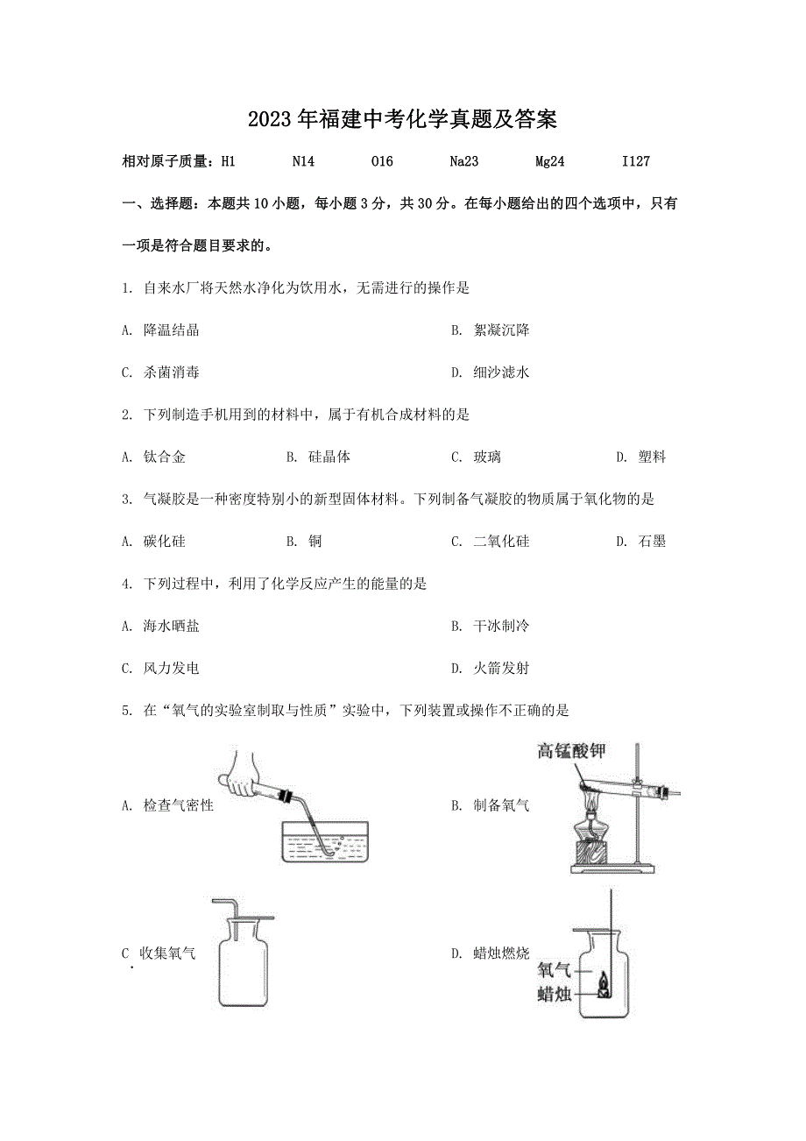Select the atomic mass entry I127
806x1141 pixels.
pyautogui.click(x=635, y=161)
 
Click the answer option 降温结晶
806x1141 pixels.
pyautogui.click(x=172, y=330)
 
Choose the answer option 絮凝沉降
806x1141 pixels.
pyautogui.click(x=501, y=330)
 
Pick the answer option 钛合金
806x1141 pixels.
pyautogui.click(x=165, y=457)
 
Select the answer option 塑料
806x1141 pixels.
pyautogui.click(x=652, y=457)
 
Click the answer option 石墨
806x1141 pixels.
pyautogui.click(x=652, y=542)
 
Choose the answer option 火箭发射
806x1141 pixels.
pyautogui.click(x=501, y=669)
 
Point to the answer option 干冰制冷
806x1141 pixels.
pyautogui.click(x=501, y=626)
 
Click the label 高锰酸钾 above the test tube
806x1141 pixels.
pyautogui.click(x=572, y=751)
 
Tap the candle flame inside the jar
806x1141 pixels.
pyautogui.click(x=604, y=988)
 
